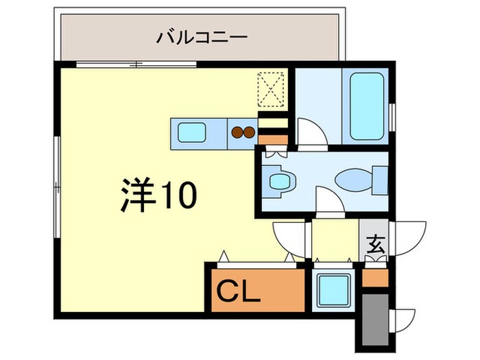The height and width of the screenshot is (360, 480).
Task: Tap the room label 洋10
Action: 160,195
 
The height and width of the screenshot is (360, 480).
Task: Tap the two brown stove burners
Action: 243,131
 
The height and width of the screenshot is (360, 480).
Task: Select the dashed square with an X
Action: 272,90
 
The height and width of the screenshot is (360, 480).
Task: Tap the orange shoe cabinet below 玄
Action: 375,278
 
